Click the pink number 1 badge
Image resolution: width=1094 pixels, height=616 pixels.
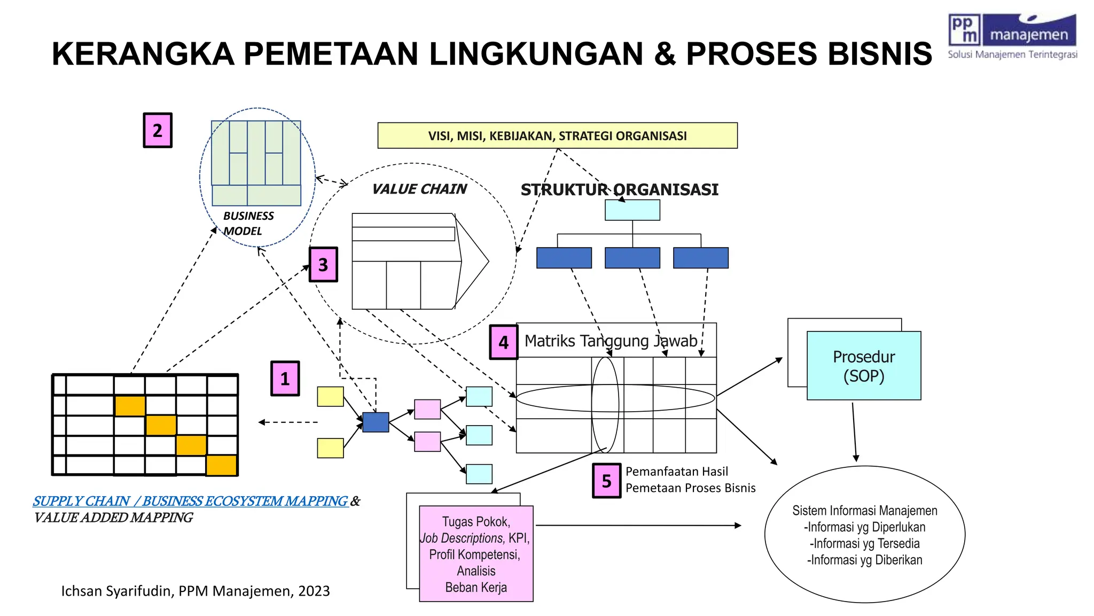click(285, 379)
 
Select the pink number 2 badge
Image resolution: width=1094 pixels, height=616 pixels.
click(158, 130)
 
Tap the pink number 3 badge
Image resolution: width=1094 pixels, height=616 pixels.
click(323, 264)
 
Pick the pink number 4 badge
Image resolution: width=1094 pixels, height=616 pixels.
click(503, 342)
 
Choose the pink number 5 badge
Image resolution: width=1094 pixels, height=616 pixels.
click(606, 481)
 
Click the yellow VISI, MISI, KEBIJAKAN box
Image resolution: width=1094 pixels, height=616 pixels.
click(557, 136)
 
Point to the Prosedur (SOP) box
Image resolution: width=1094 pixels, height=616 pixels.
click(864, 366)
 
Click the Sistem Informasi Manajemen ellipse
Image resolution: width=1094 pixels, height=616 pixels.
click(864, 535)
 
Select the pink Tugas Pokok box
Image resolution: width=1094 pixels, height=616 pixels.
click(476, 554)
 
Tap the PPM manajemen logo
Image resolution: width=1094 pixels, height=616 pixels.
click(1012, 36)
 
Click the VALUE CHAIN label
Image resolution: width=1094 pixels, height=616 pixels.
click(419, 189)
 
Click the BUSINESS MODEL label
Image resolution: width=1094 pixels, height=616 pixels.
click(248, 224)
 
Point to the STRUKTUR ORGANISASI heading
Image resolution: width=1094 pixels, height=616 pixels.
click(619, 190)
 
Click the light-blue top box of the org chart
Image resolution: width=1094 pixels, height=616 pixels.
click(632, 210)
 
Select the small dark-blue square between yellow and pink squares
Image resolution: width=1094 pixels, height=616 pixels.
click(376, 422)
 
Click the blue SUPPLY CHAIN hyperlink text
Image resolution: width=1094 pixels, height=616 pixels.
click(190, 501)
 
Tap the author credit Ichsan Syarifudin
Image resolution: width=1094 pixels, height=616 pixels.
click(195, 591)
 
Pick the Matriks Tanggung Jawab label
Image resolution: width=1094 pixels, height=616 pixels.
click(610, 341)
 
